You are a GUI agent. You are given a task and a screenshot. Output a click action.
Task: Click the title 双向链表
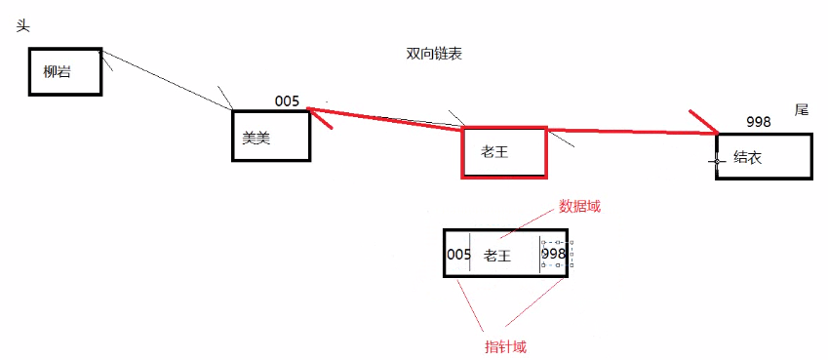434,55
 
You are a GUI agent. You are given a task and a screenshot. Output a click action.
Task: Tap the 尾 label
802,110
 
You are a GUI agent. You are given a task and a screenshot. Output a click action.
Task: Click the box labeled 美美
271,137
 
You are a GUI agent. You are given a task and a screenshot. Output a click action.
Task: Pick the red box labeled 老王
503,152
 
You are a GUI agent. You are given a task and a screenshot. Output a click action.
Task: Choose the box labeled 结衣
764,156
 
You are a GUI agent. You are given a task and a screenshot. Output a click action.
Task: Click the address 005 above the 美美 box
287,100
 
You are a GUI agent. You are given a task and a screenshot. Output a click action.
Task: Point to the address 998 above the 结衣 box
758,122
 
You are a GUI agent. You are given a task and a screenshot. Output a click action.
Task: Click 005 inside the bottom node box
458,255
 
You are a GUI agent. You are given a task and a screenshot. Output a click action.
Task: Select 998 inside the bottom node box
553,255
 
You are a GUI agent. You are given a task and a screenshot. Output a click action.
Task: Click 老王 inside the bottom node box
497,256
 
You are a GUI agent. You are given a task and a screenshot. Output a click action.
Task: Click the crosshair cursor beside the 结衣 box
718,159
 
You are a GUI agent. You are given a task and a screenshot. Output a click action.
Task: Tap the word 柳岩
58,71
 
